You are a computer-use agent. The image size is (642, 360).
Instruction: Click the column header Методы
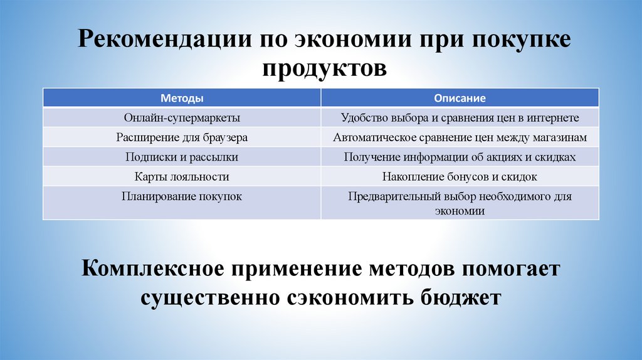182,98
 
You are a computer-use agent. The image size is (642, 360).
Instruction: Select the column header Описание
460,98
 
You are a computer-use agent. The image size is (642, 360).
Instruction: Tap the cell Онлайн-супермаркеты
182,118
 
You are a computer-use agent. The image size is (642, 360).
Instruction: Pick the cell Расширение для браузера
182,138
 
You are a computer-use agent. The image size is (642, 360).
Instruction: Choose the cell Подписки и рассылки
182,157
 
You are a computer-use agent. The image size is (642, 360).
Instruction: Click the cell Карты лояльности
182,177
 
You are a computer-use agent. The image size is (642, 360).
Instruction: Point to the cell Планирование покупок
182,196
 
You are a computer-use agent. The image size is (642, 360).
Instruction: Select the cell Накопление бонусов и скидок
460,177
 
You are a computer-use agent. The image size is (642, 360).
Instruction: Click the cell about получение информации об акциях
460,157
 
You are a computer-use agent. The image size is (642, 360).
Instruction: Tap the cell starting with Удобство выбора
460,118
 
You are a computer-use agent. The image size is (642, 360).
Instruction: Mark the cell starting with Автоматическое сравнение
460,138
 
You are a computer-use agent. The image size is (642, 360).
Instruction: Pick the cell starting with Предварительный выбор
460,203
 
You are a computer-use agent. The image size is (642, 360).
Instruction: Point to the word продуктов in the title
324,66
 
